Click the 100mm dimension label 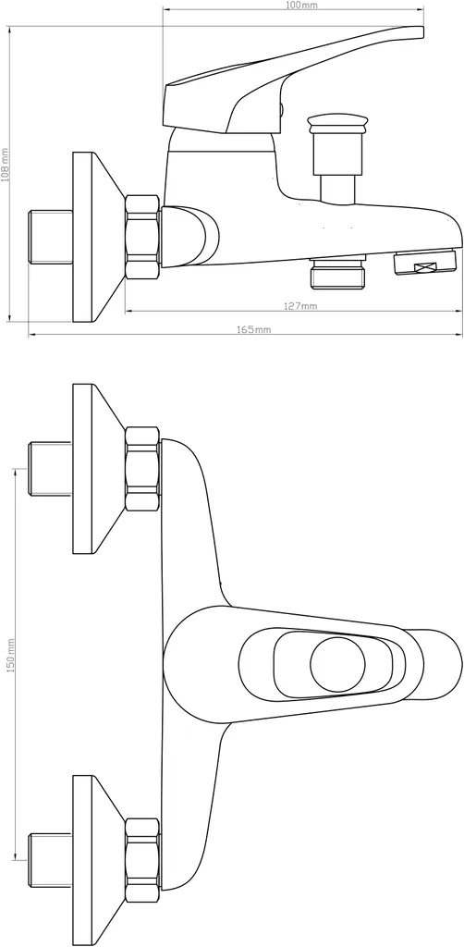[x=293, y=5]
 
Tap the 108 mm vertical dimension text [x=5, y=165]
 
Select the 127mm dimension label [x=299, y=306]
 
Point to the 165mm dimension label [x=254, y=330]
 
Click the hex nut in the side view [x=142, y=237]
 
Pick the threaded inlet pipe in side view [x=51, y=236]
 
